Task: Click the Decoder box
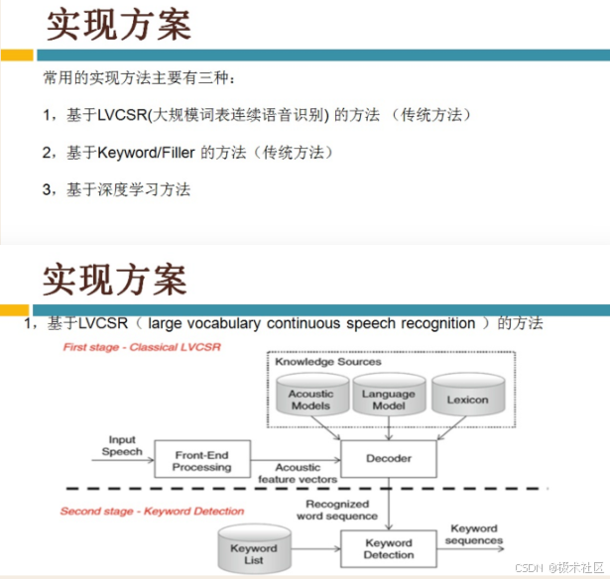[x=388, y=458]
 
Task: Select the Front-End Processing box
[x=202, y=460]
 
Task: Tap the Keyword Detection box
[x=388, y=548]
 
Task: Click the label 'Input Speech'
[x=123, y=445]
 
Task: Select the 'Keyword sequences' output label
[x=474, y=534]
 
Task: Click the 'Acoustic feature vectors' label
[x=298, y=473]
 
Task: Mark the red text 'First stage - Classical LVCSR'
[x=142, y=347]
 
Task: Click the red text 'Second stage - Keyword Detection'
[x=152, y=511]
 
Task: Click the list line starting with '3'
[x=116, y=188]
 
